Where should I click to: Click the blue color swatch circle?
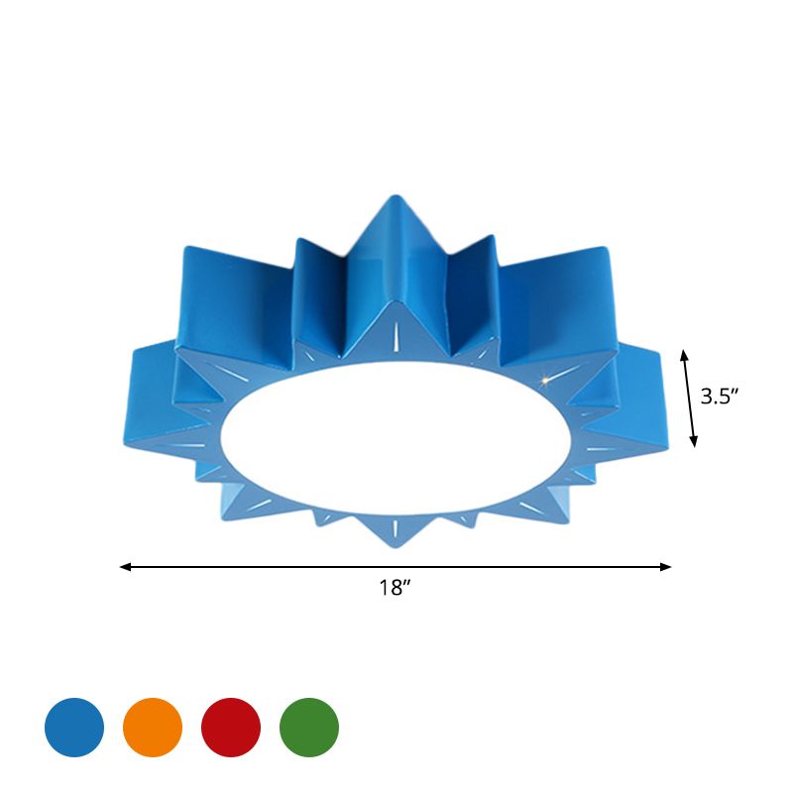coord(74,727)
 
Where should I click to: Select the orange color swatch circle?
coord(153,727)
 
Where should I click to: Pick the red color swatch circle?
coord(231,727)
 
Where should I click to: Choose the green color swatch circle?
coord(309,727)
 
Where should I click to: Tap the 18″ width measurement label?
coord(395,588)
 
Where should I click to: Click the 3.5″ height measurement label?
coord(721,396)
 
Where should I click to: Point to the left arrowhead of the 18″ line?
coord(123,567)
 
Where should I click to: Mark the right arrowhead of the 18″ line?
coord(668,567)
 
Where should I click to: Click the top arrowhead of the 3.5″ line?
coord(683,352)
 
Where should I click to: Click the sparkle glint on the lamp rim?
coord(544,378)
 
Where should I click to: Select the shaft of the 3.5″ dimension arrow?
coord(689,396)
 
